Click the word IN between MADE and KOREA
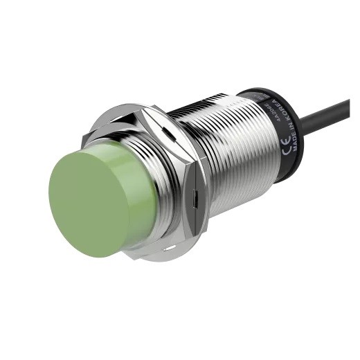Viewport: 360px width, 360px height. coord(282,125)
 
